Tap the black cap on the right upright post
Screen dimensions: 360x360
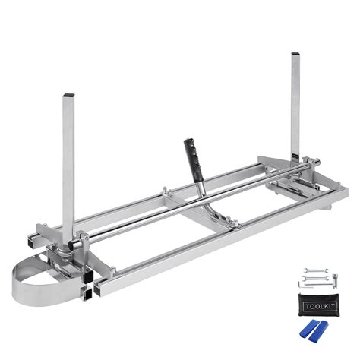pyautogui.click(x=294, y=55)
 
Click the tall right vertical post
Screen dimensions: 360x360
pyautogui.click(x=295, y=106)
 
